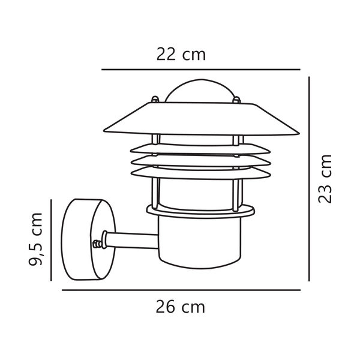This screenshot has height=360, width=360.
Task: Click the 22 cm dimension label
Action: point(181,55)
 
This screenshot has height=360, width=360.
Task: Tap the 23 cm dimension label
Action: point(325,178)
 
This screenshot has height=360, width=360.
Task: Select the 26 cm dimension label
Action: point(180,307)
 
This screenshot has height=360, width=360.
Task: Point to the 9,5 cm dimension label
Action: point(37,238)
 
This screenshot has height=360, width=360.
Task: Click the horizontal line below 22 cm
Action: point(200,70)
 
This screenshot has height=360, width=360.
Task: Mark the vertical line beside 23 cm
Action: point(308,178)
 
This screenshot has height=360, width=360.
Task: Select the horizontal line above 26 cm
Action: point(181,290)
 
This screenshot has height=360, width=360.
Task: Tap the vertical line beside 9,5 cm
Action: point(52,239)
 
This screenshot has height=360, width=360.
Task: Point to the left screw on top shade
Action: point(155,100)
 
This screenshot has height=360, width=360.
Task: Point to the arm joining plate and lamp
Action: point(132,241)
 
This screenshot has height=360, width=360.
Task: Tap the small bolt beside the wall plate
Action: point(97,244)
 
